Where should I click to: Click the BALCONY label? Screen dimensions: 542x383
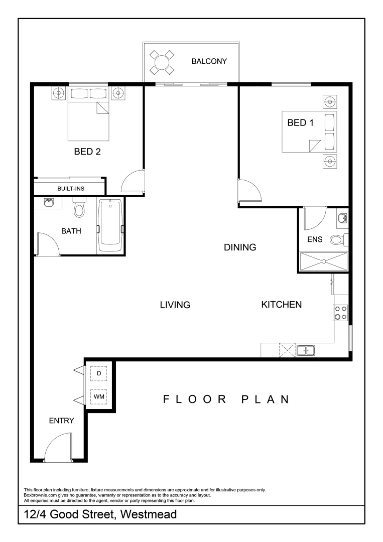tap(209, 62)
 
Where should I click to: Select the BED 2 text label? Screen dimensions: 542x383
tap(87, 152)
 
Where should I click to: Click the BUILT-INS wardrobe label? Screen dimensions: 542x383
tap(71, 188)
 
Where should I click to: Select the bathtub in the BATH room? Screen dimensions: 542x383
tap(110, 226)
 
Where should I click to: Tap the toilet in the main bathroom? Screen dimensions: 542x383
tap(79, 209)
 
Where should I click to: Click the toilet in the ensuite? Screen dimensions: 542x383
tap(338, 240)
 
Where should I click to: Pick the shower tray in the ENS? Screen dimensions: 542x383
tap(324, 261)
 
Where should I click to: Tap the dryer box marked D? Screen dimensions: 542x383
tap(99, 374)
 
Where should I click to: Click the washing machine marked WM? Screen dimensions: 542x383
tap(99, 397)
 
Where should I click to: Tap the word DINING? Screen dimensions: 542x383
tap(240, 247)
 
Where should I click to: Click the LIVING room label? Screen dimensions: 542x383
tap(175, 305)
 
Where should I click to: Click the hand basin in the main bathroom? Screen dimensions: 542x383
tap(49, 203)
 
